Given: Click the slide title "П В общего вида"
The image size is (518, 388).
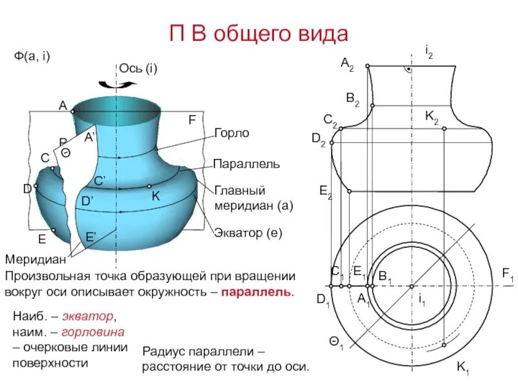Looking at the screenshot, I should point(258,33).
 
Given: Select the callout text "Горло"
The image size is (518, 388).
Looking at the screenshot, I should point(231,133).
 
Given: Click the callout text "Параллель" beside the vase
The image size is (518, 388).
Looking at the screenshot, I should point(247,164).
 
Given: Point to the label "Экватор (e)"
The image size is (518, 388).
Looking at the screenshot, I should point(248,232).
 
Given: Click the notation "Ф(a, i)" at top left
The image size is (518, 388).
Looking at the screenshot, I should point(32,56).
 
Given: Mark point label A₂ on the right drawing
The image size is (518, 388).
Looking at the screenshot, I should point(348,63).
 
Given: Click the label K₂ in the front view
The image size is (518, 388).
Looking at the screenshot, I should point(432,117).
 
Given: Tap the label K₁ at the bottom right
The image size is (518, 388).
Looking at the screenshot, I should point(463,368).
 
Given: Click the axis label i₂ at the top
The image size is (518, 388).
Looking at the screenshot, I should point(429,50).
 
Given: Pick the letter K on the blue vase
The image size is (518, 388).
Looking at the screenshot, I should point(156,195).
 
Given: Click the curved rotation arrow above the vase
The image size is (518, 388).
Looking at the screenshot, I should point(117,83).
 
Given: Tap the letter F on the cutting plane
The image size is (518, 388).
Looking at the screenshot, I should point(192,120).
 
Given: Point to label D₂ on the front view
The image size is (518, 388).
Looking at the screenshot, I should point(318,138).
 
